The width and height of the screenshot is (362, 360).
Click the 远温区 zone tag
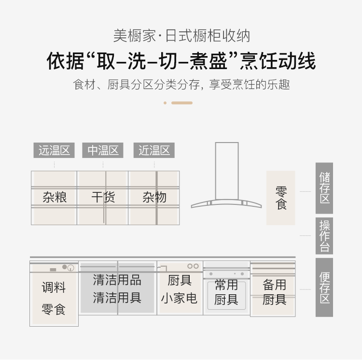coord(54,150)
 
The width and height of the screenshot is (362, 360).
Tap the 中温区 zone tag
coord(103,150)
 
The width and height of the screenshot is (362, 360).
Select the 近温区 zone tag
coord(154,150)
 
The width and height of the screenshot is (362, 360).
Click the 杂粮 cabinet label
coord(55,197)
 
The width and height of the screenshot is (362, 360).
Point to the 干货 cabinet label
coord(103,197)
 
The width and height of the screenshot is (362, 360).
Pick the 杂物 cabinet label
coord(154,197)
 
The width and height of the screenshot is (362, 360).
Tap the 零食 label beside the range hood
coord(281,198)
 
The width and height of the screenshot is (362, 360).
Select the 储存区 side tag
coord(324,188)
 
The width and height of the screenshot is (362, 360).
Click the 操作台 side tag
coord(324,236)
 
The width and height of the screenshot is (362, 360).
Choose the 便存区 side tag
coord(324,288)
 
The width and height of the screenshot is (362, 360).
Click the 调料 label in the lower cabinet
coord(54,288)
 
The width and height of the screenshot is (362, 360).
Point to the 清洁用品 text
coord(117,280)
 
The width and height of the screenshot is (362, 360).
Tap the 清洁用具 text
coord(117,298)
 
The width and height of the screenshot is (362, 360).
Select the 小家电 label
coord(179,298)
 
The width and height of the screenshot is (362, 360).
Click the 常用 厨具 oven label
coord(226,292)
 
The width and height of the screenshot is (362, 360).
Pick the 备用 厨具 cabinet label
coord(274,292)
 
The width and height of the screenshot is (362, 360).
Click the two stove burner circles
coord(193,266)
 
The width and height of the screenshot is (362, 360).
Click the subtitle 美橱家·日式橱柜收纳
coord(181,36)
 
